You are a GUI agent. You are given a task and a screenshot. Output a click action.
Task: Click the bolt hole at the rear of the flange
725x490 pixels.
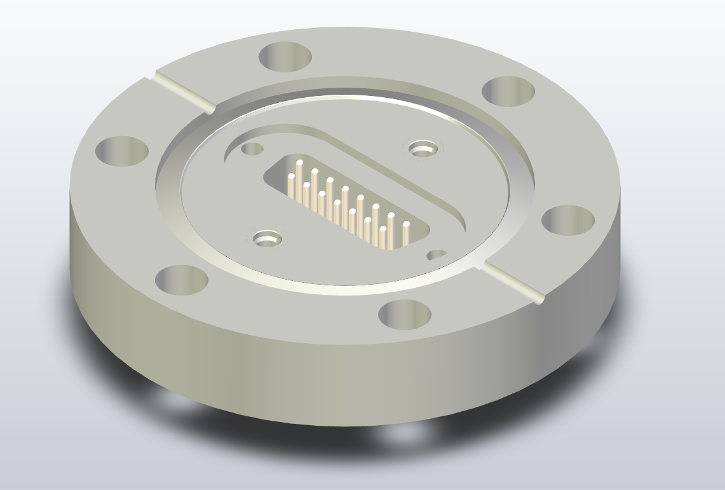tap(285, 56)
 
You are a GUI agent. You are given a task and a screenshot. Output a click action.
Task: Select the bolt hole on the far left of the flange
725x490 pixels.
tap(122, 151)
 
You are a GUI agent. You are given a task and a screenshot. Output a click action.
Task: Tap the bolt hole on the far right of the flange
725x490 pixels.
tap(568, 221)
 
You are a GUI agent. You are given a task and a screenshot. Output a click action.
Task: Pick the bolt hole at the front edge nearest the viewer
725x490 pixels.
tap(405, 314)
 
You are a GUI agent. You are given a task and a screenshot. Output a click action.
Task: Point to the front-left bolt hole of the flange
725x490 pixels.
tap(182, 280)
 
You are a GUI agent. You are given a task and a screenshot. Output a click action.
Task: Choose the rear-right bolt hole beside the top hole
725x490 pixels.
tap(508, 91)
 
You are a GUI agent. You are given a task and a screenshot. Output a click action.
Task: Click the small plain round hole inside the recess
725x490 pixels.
tap(253, 149)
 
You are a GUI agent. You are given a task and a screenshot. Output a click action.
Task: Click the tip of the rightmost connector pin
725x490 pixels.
tap(406, 225)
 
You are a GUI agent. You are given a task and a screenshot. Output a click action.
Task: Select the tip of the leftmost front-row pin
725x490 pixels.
tap(292, 176)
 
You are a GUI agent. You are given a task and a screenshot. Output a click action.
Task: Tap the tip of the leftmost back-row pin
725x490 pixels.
tap(299, 163)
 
